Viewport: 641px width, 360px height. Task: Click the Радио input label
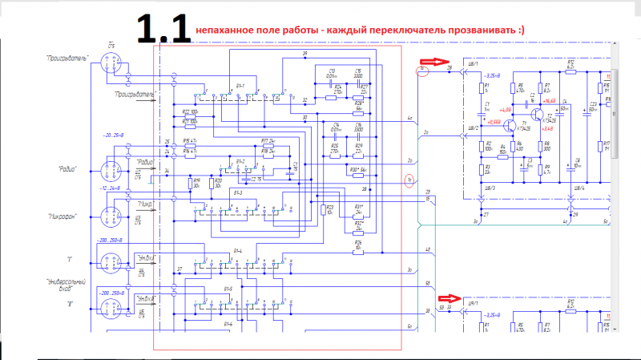67,168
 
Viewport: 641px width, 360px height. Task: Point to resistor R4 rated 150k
502,149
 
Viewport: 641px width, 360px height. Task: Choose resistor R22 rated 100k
189,113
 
